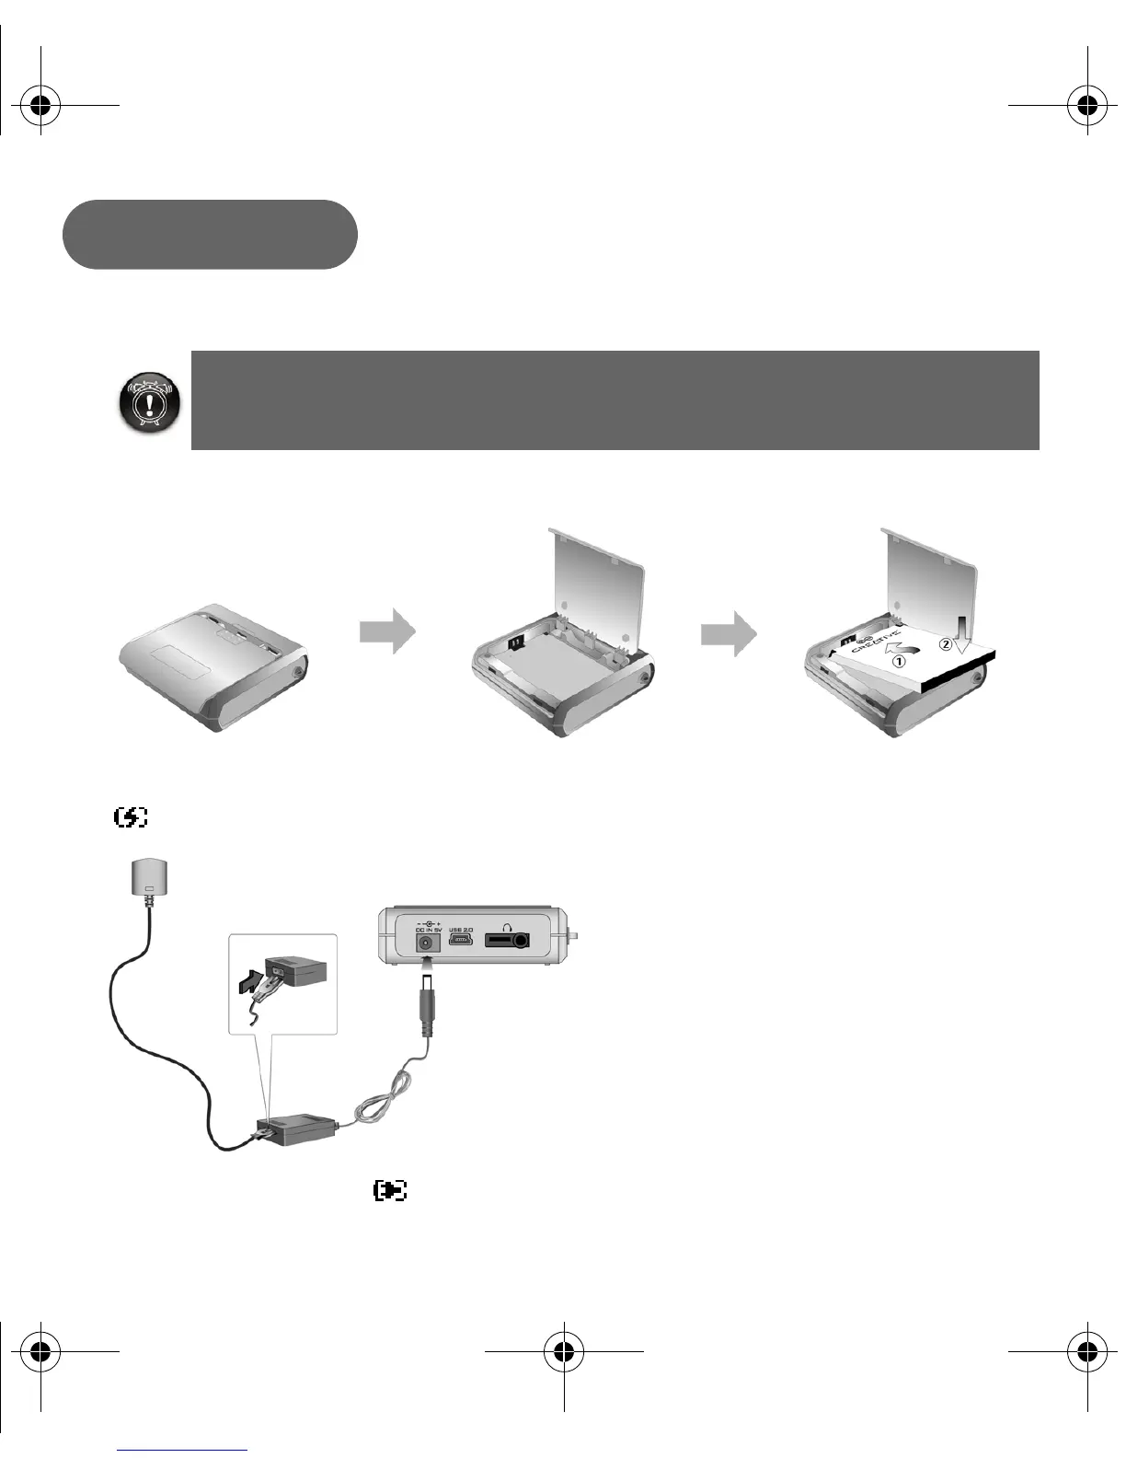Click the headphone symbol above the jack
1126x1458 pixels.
[505, 923]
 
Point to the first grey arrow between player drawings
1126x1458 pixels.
[387, 631]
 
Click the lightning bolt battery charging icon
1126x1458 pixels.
[131, 816]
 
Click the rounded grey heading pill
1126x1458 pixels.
[210, 235]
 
